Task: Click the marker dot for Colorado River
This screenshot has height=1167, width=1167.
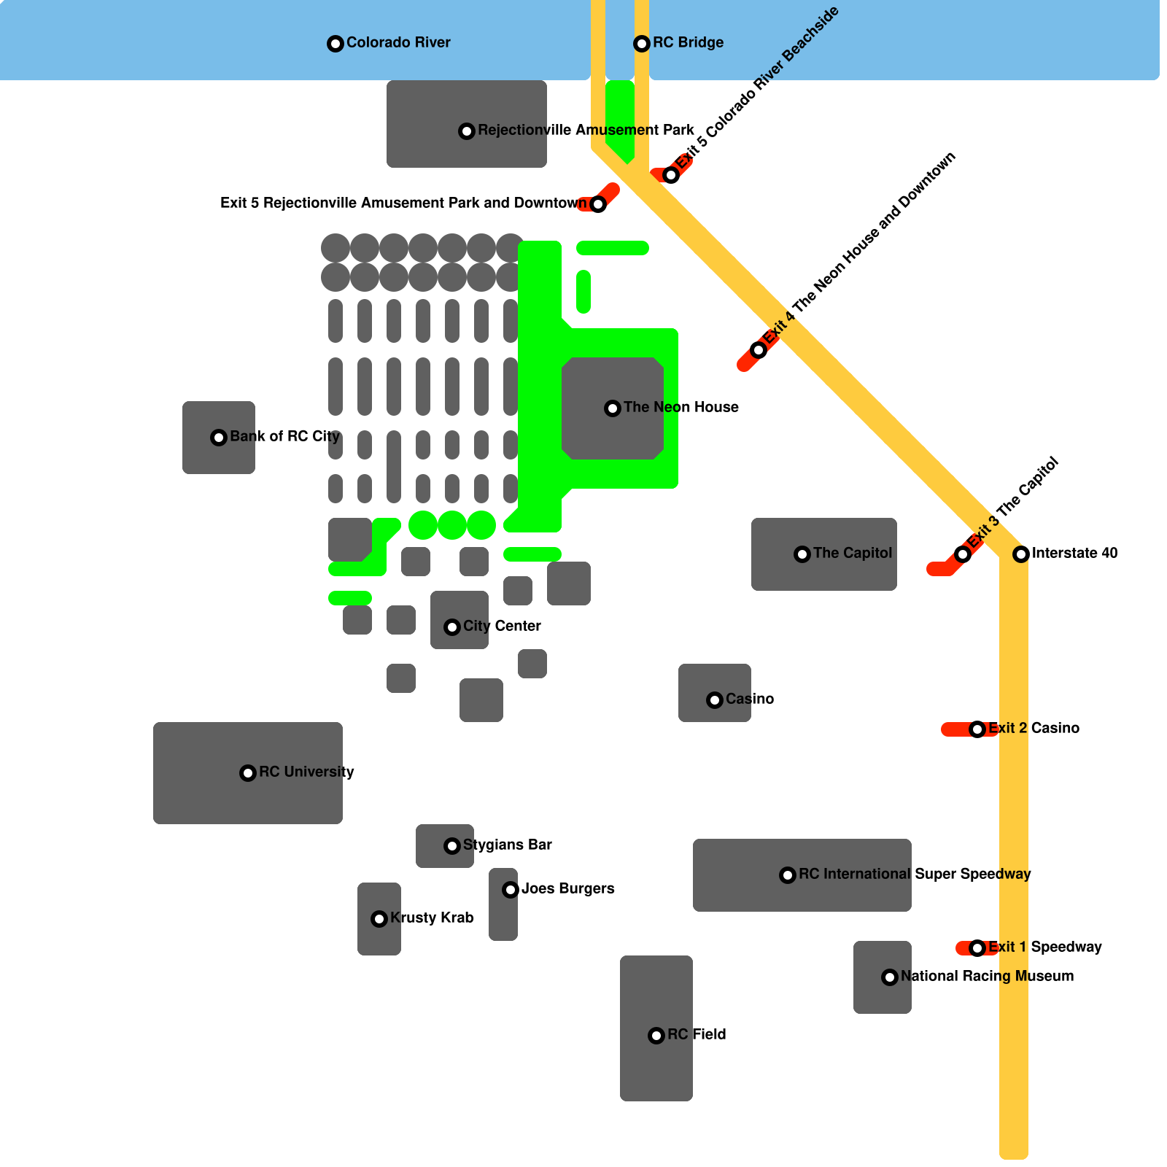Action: (336, 44)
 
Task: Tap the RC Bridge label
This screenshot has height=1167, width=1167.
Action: (688, 42)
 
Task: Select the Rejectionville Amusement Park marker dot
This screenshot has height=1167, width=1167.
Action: (467, 131)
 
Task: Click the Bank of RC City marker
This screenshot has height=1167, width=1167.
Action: (219, 438)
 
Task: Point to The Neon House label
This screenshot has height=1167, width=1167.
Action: (681, 407)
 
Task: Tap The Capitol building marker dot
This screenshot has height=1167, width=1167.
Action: (802, 554)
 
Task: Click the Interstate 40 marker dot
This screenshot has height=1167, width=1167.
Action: (1021, 554)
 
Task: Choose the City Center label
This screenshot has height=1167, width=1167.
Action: (502, 626)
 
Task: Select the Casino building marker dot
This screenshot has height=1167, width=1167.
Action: (715, 700)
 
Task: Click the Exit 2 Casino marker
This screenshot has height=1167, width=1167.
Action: (977, 729)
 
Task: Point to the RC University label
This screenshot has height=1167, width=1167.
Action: (306, 772)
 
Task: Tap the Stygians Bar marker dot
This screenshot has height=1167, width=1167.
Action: (452, 846)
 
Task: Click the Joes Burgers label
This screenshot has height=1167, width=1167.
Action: (567, 888)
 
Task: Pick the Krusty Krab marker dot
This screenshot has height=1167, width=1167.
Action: (379, 919)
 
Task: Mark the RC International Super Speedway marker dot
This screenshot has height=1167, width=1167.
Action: (788, 875)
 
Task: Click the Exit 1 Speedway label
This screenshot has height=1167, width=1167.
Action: (1044, 947)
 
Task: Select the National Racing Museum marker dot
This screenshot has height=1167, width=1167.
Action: (890, 977)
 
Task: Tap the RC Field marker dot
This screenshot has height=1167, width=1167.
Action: (656, 1036)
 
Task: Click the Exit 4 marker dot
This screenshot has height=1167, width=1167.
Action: (759, 350)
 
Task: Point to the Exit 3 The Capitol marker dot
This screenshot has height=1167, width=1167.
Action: (963, 554)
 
